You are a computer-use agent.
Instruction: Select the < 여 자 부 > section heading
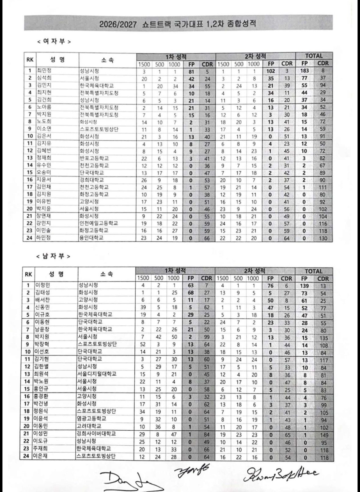54,41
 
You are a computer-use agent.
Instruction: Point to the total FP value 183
304,71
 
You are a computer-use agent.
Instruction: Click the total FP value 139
304,286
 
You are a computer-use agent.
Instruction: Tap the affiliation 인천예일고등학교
99,223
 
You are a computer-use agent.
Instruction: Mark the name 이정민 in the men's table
43,285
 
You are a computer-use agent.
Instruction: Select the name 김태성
43,292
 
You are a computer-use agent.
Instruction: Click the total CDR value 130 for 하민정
323,238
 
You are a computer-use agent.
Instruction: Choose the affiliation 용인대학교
91,237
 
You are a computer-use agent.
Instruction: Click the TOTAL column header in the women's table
314,56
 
